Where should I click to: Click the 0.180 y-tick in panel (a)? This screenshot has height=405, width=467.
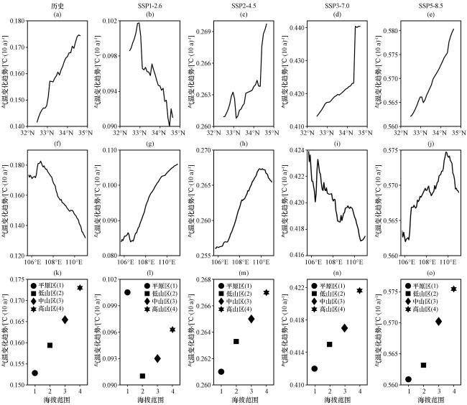click(17, 22)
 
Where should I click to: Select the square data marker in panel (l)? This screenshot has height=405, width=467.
click(142, 376)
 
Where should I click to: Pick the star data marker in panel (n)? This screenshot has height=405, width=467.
click(359, 291)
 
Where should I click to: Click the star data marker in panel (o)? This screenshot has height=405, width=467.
click(453, 289)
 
